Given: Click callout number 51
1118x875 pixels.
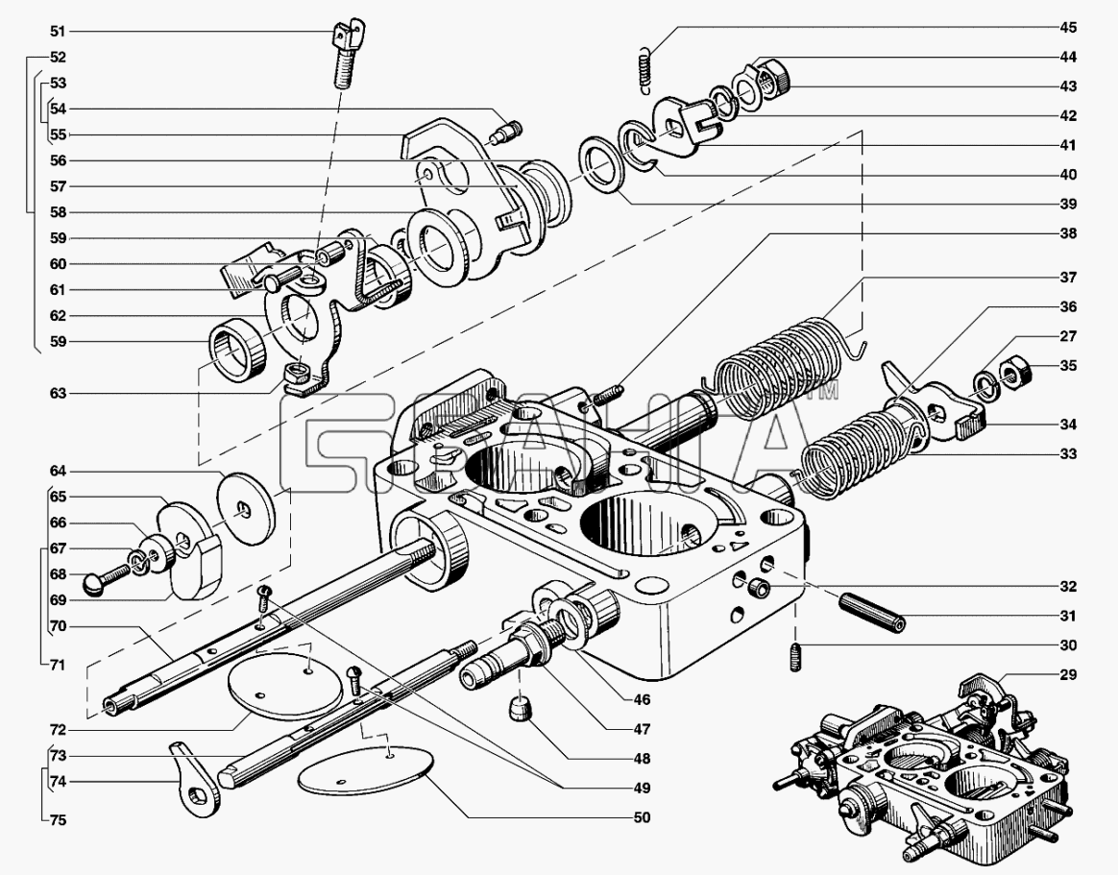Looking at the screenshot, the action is pos(58,32).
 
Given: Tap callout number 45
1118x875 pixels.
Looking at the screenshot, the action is pos(1067,28).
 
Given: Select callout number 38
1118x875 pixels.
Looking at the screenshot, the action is pos(1067,233).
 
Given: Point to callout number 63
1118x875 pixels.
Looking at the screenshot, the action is pos(58,393).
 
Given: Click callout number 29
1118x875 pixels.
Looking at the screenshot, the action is pos(1067,674).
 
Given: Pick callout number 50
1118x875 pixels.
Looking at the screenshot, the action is pos(642,817).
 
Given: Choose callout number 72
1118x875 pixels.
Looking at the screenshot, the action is pos(58,730).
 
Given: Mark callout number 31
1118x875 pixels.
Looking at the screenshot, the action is pos(1067,616).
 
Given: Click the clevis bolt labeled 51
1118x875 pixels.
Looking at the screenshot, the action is pos(348,53).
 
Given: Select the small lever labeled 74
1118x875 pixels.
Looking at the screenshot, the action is pos(195,781).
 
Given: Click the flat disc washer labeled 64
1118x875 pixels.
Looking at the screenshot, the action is pos(246,508).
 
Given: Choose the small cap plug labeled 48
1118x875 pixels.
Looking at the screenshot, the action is pos(520,711).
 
